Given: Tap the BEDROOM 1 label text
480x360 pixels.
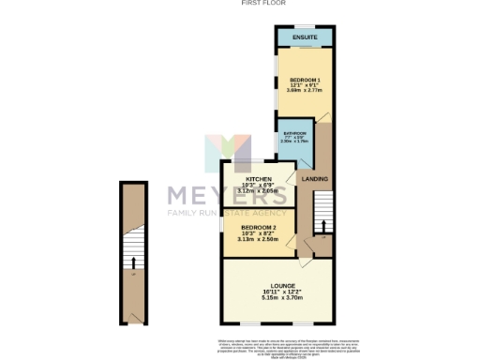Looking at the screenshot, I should tap(304, 79).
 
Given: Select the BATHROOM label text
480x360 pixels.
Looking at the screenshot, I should tap(294, 134).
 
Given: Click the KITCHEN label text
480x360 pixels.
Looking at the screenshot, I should tap(258, 178).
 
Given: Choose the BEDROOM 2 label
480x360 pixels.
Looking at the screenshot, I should tap(259, 228).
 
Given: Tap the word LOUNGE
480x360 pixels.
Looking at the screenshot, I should tap(282, 286).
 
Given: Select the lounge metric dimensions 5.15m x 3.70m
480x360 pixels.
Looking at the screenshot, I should tap(282, 297).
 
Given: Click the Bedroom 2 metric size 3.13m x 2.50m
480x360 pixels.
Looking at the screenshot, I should tap(259, 239).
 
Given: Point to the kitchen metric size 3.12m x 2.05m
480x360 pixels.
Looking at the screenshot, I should tap(258, 190).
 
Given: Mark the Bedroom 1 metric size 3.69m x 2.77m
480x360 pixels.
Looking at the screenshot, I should tap(304, 90).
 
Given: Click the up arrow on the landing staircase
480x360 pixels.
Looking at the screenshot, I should tap(323, 226).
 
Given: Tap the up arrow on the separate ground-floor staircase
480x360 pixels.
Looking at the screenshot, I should tap(133, 263).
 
